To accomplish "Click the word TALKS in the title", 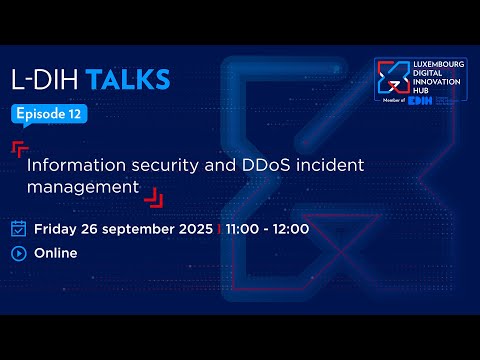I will [127, 79].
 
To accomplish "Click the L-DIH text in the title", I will [44, 79].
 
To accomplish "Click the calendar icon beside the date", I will [18, 228].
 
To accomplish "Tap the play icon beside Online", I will [18, 253].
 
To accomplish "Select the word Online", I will [56, 253].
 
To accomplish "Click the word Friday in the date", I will [58, 228].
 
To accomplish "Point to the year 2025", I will [193, 228].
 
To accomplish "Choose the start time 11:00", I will [244, 228].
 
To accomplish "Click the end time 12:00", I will [290, 228].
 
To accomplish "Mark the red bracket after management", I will [152, 198].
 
